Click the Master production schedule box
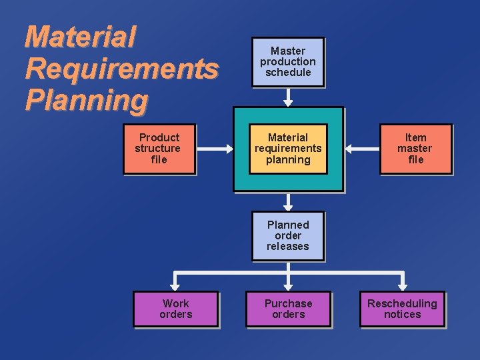tap(288, 62)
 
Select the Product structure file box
tap(159, 149)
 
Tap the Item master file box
tap(415, 149)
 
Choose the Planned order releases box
tap(288, 236)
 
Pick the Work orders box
tap(175, 309)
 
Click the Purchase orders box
tap(288, 309)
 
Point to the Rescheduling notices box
tap(402, 309)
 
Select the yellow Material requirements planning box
tap(288, 149)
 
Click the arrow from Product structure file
tap(213, 149)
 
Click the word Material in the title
tap(80, 37)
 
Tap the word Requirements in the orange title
tap(121, 69)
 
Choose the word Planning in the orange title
tap(86, 100)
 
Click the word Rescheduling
tap(402, 304)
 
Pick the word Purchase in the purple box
tap(288, 304)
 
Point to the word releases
tap(288, 247)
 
